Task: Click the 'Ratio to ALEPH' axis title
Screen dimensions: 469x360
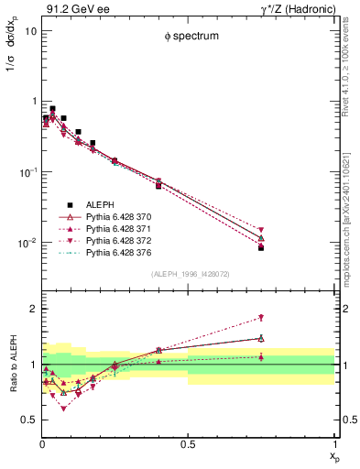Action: (x=12, y=365)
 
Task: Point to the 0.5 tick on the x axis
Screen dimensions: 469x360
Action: (x=188, y=442)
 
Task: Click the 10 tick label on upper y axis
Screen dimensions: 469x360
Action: (x=30, y=30)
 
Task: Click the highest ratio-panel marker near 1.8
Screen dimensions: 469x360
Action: (x=261, y=318)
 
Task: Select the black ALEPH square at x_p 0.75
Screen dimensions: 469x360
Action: (x=261, y=248)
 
